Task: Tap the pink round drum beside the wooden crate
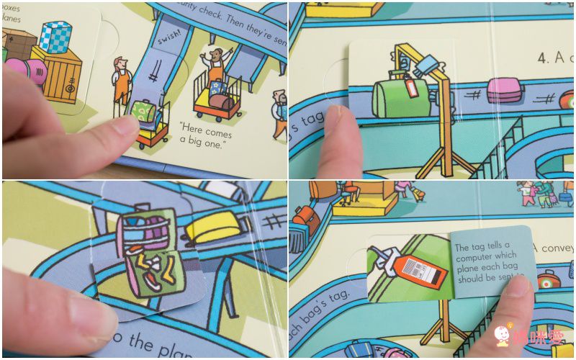point(34,72)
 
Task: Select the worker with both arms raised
point(215,64)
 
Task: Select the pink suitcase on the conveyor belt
point(503,90)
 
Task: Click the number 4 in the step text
point(543,58)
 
